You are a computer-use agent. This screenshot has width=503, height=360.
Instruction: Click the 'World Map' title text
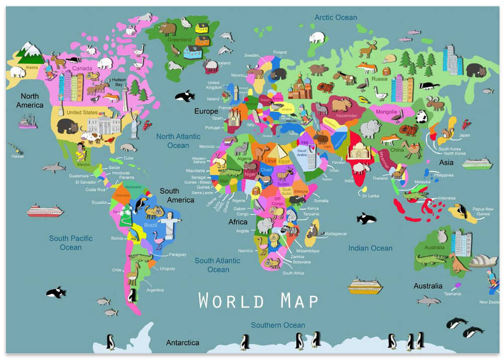click(259, 301)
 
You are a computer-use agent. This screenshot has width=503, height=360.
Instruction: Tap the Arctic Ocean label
click(336, 17)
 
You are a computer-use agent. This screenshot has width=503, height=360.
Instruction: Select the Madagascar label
click(336, 234)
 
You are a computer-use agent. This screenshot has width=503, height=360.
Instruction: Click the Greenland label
click(180, 39)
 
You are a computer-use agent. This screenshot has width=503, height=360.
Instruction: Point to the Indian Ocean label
click(370, 248)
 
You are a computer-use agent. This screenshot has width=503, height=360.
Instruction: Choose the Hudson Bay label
click(119, 82)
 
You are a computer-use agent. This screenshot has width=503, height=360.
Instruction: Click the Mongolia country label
click(386, 112)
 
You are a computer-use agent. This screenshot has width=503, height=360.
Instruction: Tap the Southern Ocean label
click(278, 325)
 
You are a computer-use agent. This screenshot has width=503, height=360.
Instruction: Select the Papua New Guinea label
click(482, 211)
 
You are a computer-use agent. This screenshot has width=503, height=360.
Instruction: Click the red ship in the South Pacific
click(45, 210)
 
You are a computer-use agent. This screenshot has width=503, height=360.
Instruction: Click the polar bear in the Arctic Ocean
click(317, 37)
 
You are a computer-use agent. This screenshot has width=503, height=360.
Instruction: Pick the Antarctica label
click(183, 342)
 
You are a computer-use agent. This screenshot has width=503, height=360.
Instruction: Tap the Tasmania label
click(453, 294)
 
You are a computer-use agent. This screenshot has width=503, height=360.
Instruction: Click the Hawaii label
click(18, 156)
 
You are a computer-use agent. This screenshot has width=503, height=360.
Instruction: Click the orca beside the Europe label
click(185, 96)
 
